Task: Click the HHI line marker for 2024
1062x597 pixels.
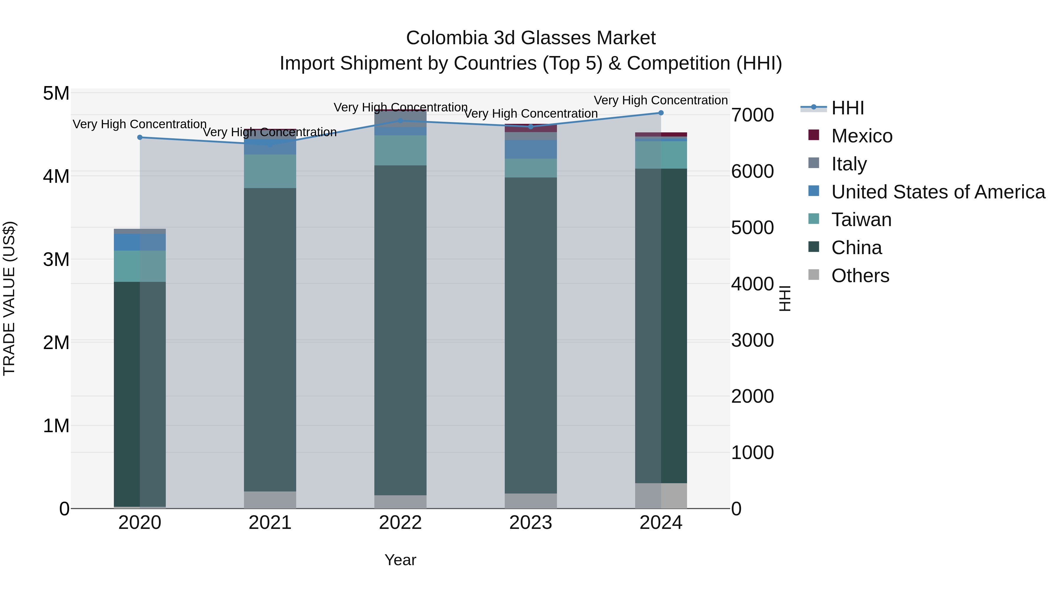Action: pyautogui.click(x=661, y=113)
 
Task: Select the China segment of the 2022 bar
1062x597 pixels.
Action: pyautogui.click(x=400, y=330)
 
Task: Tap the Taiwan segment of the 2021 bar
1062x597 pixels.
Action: pyautogui.click(x=270, y=171)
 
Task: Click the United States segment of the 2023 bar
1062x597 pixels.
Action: pyautogui.click(x=531, y=149)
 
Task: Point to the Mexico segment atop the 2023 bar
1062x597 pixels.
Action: pyautogui.click(x=531, y=128)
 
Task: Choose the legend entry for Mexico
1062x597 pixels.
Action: pyautogui.click(x=862, y=136)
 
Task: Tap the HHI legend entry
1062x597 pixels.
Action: pyautogui.click(x=848, y=108)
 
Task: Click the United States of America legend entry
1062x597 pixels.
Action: pyautogui.click(x=938, y=192)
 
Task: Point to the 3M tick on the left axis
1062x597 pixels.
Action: pyautogui.click(x=56, y=259)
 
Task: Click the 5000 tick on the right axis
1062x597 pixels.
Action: pyautogui.click(x=752, y=228)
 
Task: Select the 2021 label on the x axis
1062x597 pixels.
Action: pyautogui.click(x=270, y=523)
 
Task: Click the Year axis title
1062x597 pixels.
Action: pyautogui.click(x=400, y=560)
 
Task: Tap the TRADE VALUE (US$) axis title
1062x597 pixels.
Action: pyautogui.click(x=9, y=298)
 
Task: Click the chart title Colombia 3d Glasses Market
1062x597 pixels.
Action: pyautogui.click(x=531, y=38)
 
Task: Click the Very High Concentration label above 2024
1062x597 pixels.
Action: pyautogui.click(x=661, y=100)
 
